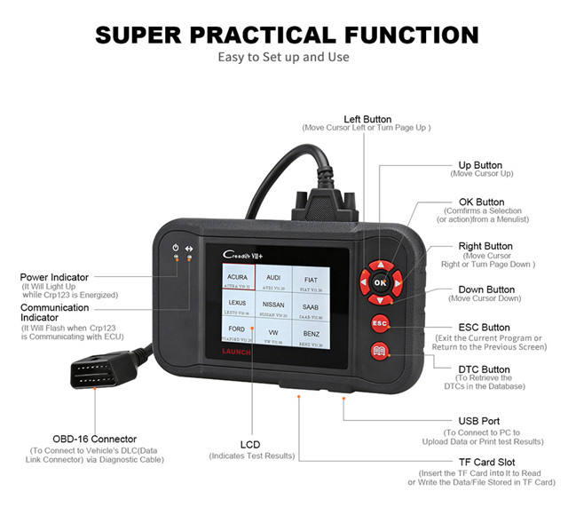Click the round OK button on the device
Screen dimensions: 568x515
pos(380,282)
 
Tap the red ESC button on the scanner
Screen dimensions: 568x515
pos(380,323)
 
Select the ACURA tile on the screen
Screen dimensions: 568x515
pos(237,281)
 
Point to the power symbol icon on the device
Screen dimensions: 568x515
pos(176,247)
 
